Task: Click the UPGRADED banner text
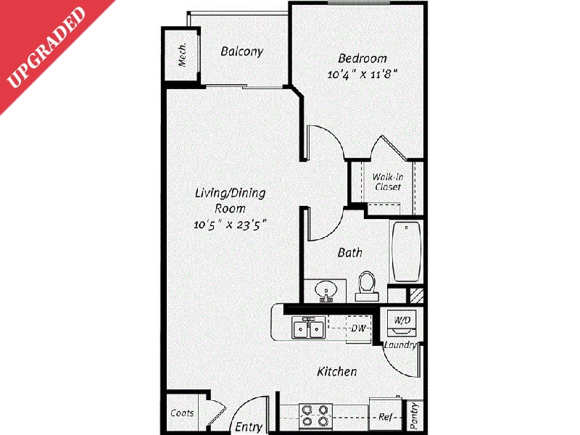47,47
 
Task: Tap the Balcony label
241,51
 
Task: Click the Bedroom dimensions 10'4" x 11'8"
362,74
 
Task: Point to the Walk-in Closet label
387,181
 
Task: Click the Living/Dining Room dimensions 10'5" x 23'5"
231,224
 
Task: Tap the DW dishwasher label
357,328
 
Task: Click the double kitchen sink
309,328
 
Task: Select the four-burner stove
315,415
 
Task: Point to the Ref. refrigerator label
386,417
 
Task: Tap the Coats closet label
182,413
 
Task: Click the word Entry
249,427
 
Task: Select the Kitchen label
337,372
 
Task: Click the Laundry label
400,345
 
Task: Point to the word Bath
350,253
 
